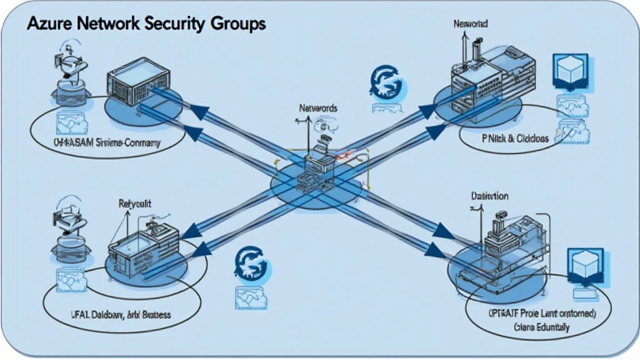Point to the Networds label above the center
(317, 107)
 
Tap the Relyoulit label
(136, 203)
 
